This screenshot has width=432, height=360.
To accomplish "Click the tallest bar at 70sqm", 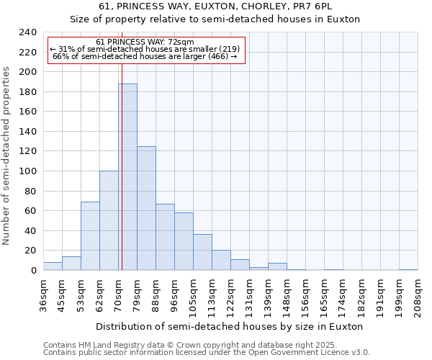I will pyautogui.click(x=127, y=177).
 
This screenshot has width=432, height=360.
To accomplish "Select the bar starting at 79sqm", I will pyautogui.click(x=146, y=208).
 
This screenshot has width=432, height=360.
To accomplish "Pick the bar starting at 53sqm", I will pyautogui.click(x=90, y=236).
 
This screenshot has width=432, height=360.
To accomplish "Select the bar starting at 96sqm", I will pyautogui.click(x=184, y=241).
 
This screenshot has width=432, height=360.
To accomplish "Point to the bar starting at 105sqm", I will pyautogui.click(x=202, y=252).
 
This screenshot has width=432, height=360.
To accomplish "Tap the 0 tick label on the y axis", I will pyautogui.click(x=33, y=271).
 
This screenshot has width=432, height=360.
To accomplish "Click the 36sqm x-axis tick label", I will pyautogui.click(x=43, y=295).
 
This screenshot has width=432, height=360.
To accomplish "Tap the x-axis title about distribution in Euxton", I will pyautogui.click(x=230, y=326).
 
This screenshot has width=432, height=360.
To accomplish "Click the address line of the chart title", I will pyautogui.click(x=215, y=6).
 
